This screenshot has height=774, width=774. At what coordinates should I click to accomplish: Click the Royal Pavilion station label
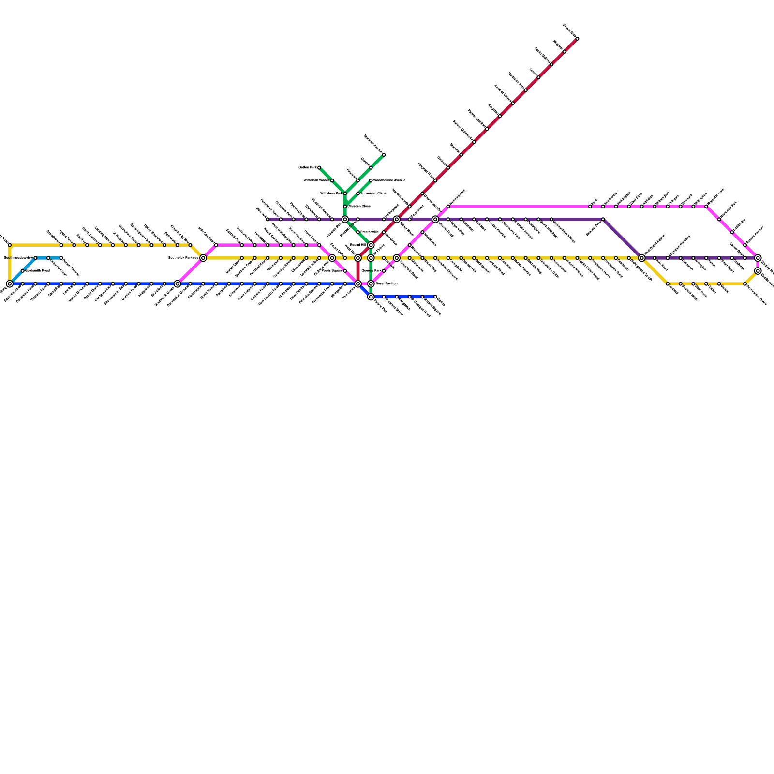click(x=386, y=284)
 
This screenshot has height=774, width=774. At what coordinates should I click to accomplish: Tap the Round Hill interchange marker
click(x=371, y=245)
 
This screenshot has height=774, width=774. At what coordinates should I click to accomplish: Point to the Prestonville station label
click(x=370, y=232)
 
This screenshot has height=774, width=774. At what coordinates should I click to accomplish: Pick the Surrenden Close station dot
click(x=358, y=193)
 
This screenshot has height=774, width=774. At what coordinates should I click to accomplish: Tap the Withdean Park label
click(x=331, y=193)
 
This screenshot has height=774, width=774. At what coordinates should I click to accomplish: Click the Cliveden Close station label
click(x=359, y=207)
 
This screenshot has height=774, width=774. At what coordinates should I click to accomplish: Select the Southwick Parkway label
click(x=183, y=258)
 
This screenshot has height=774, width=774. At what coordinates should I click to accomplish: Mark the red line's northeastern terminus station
click(x=577, y=39)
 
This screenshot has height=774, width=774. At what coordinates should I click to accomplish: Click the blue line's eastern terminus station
click(x=435, y=297)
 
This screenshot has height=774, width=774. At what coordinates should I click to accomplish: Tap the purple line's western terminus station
click(x=268, y=220)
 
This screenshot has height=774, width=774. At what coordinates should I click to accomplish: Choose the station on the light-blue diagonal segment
click(x=23, y=271)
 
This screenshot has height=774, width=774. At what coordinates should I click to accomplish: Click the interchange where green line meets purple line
click(x=345, y=220)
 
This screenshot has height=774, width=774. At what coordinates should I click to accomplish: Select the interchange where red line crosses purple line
click(x=397, y=220)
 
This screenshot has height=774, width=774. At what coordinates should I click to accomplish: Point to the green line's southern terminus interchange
click(x=371, y=297)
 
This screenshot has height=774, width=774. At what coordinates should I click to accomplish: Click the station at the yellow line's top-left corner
click(x=10, y=245)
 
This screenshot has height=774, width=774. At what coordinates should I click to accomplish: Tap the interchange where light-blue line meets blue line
click(x=10, y=284)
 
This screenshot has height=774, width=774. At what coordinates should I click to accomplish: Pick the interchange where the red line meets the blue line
click(x=358, y=284)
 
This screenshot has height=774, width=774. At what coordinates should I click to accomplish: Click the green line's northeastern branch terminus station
click(x=384, y=155)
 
